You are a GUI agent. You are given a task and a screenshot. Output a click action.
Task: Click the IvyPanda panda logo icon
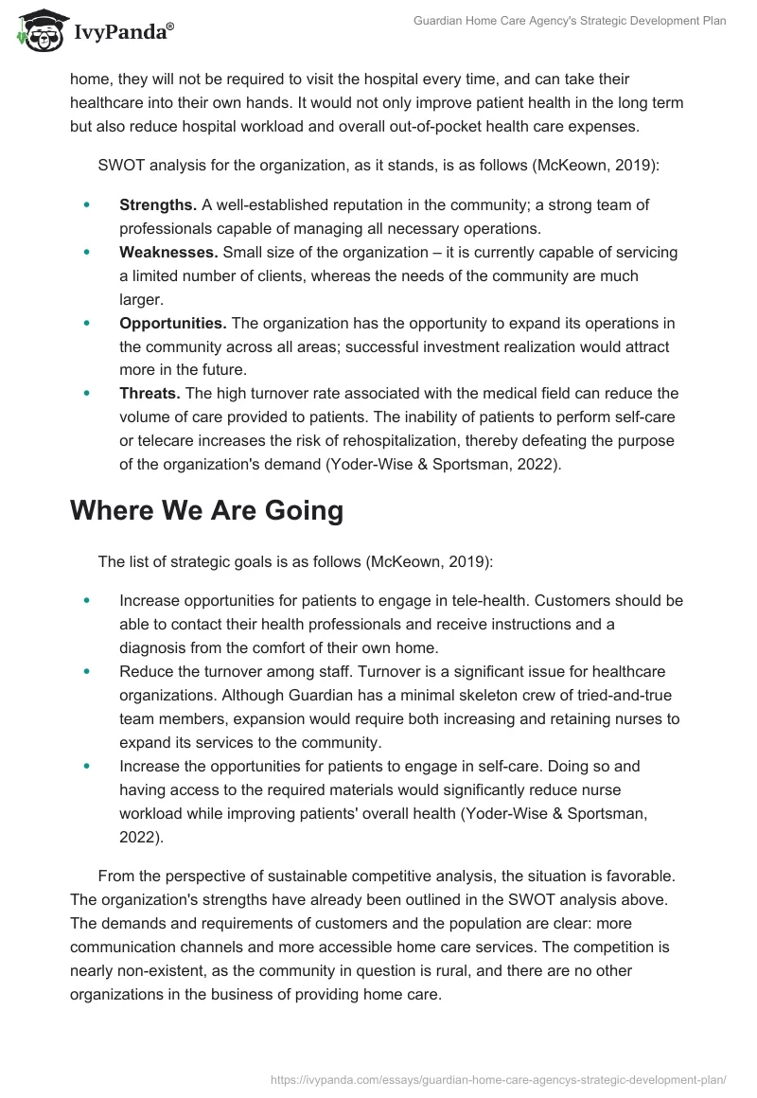point(36,30)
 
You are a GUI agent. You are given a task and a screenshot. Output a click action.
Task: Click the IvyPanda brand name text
point(123,32)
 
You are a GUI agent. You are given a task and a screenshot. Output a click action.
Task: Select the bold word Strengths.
point(158,204)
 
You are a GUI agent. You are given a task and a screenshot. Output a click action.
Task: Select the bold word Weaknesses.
point(168,253)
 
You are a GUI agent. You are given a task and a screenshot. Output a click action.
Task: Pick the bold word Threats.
point(150,394)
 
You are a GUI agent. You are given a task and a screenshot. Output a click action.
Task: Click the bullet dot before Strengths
point(87,204)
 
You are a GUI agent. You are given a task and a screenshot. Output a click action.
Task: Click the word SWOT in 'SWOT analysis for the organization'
point(121,165)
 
